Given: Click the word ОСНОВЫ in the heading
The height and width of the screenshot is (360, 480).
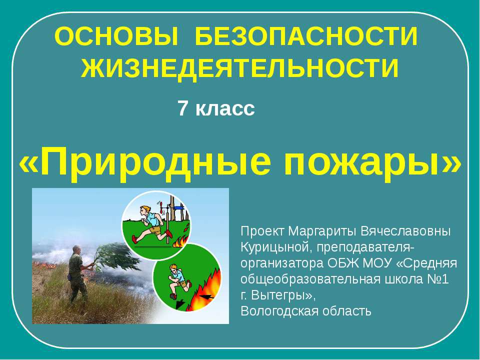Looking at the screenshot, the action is [116, 36].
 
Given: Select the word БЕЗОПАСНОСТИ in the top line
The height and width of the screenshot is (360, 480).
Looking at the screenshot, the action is [306, 36].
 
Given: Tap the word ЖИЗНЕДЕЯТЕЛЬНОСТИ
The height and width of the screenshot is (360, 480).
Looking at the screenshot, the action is [240, 68].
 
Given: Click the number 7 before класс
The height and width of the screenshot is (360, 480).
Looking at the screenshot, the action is [182, 108].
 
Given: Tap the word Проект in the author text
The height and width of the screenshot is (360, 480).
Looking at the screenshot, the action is [262, 231].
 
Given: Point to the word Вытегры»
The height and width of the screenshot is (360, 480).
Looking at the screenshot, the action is [283, 295].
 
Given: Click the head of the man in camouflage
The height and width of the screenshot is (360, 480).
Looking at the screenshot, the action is [76, 249].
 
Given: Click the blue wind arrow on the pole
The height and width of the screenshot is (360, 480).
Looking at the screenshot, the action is [178, 208].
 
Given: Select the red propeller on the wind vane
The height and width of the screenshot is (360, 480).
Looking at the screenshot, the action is [161, 206].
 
